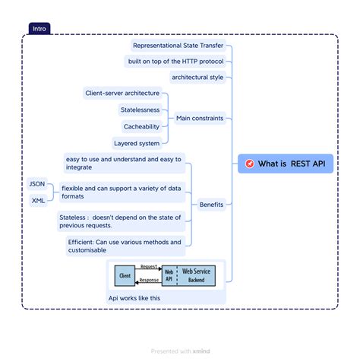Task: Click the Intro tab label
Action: tap(39, 29)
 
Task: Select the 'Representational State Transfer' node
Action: tap(178, 45)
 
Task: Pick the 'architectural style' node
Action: tap(197, 77)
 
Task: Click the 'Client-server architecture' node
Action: tap(122, 93)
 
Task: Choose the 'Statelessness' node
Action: tap(140, 110)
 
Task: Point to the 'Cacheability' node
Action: tap(141, 126)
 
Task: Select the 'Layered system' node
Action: tap(137, 142)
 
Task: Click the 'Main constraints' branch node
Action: tap(199, 118)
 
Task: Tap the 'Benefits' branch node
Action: tap(210, 204)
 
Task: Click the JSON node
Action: tap(36, 184)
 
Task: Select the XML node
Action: tap(37, 201)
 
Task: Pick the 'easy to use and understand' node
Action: tap(124, 163)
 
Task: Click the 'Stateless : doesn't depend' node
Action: tap(120, 221)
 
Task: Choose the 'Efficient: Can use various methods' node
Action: tap(125, 246)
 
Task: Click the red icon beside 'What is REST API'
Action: tap(249, 164)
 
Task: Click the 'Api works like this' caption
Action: tap(134, 298)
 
